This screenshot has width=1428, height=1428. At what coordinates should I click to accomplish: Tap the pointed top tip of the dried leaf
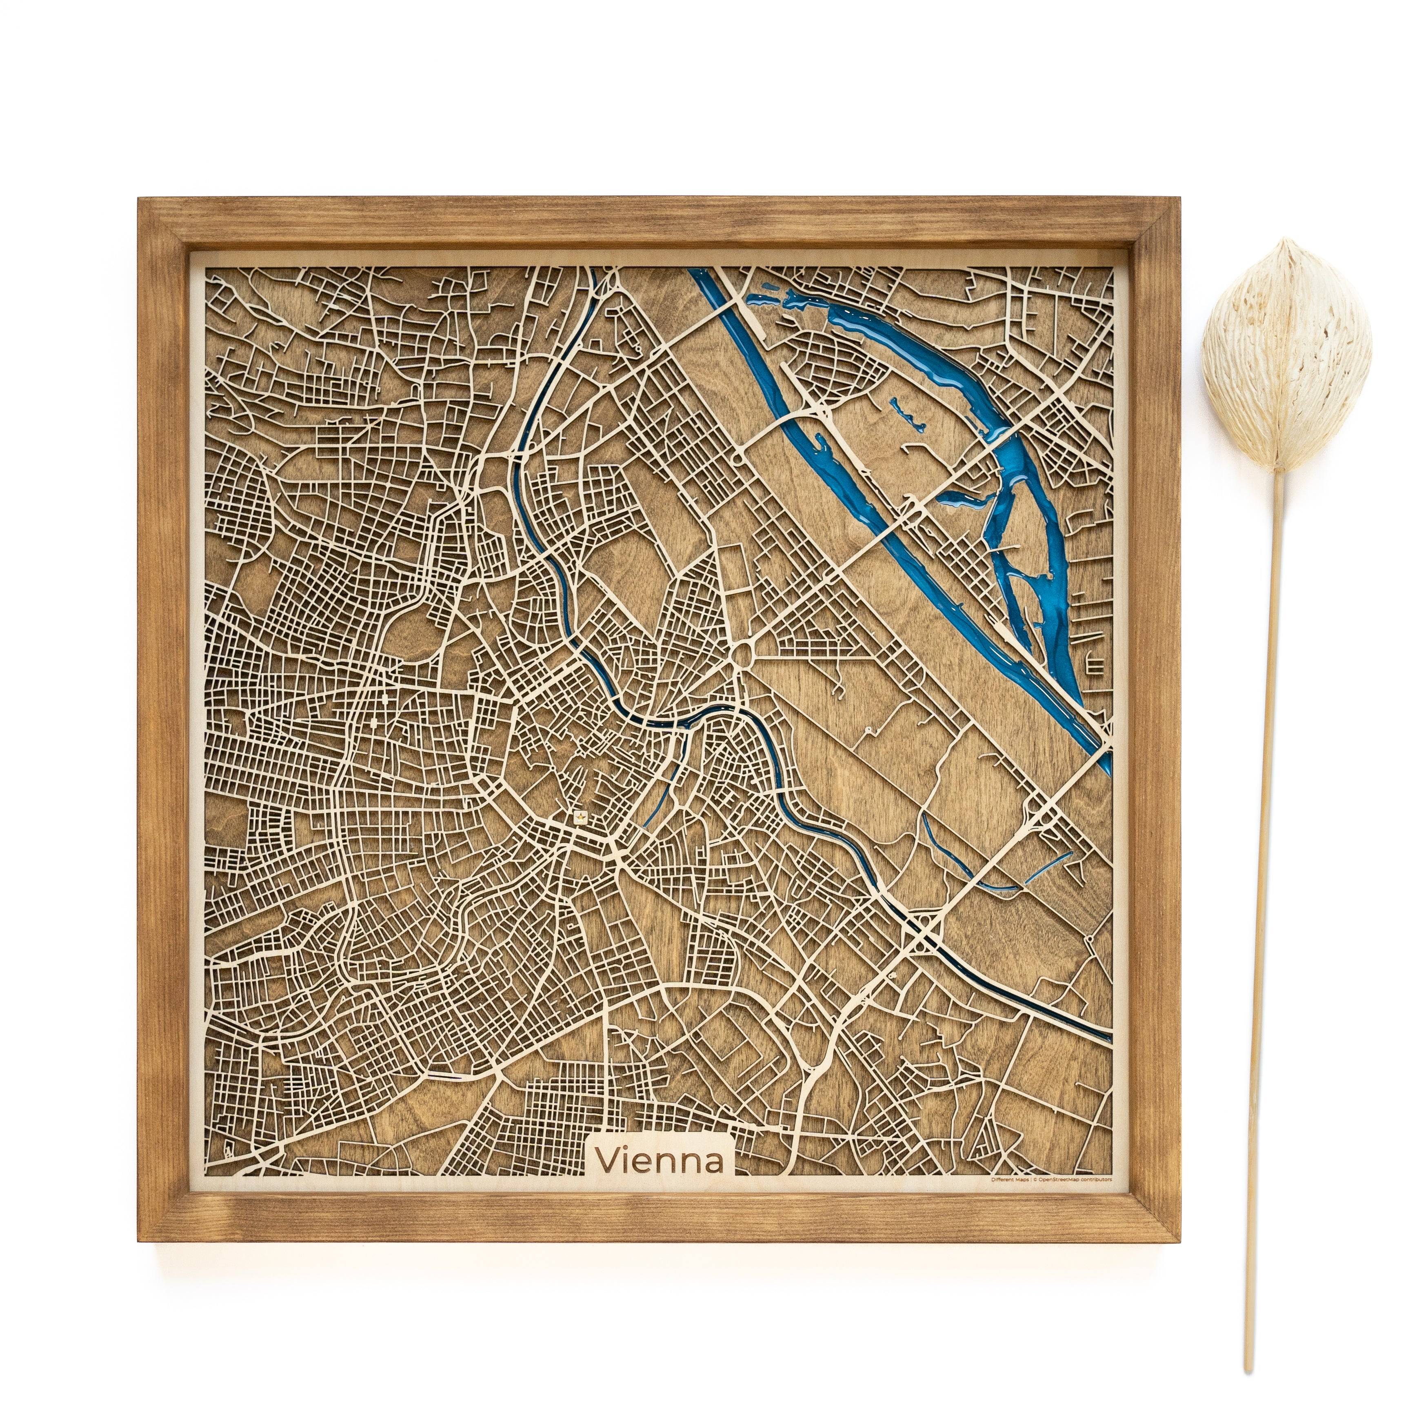tap(1288, 240)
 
